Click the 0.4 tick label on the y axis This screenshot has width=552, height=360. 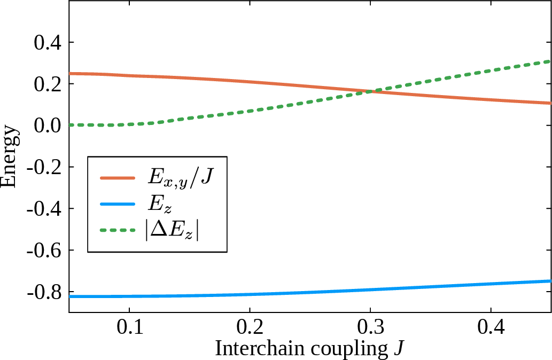tap(47, 42)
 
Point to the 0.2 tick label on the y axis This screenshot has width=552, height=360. tap(47, 84)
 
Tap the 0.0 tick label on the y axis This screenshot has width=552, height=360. tap(47, 126)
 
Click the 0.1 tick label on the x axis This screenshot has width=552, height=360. tap(129, 325)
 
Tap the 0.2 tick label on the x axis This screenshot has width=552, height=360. tap(250, 325)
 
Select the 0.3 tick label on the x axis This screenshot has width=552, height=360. tap(370, 325)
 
